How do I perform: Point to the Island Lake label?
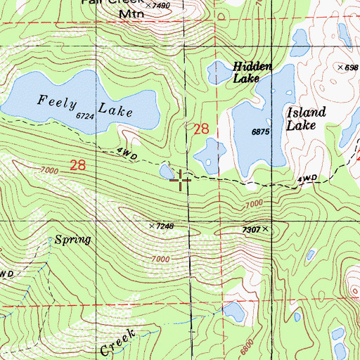click(x=306, y=119)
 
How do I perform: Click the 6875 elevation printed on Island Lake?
click(x=262, y=131)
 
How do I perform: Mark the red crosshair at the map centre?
click(x=181, y=180)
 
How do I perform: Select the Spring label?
click(x=75, y=240)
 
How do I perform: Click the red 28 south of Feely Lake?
click(x=78, y=165)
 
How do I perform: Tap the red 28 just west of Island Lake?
click(x=201, y=129)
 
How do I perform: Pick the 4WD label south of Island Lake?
click(x=307, y=179)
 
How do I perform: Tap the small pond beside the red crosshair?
click(x=167, y=171)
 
